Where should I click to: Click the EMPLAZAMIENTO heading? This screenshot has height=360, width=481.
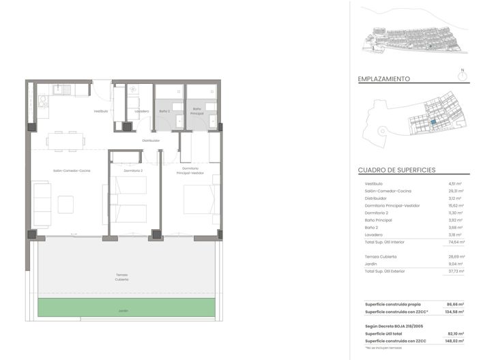[384, 79]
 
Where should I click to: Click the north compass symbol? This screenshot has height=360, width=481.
[463, 76]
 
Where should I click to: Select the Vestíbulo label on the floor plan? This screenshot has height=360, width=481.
[101, 110]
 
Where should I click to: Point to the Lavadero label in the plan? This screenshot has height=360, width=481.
[142, 110]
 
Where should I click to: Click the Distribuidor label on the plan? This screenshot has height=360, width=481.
[151, 140]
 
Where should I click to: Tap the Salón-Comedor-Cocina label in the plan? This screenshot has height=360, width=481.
[72, 170]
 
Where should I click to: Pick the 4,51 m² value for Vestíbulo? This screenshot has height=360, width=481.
[456, 184]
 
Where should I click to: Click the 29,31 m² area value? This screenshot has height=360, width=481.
[455, 191]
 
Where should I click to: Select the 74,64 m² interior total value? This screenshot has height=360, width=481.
[456, 242]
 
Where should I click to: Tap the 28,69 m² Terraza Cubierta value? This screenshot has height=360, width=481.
[455, 256]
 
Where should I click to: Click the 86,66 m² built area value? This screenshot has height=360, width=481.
[454, 304]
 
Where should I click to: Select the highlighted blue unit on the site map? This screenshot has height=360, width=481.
[433, 121]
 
